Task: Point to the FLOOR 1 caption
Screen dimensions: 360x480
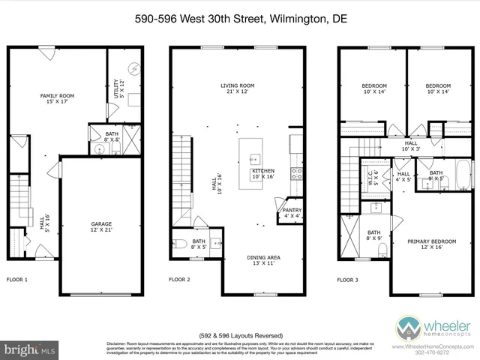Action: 16,280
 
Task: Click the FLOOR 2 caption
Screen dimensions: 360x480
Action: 179,280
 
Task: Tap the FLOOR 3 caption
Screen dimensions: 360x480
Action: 347,280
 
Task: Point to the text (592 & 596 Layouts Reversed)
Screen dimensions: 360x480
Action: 239,334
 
